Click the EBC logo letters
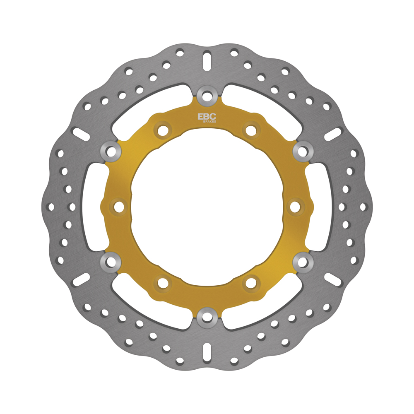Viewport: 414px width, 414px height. [x=207, y=116]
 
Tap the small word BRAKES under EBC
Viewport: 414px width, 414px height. [x=209, y=122]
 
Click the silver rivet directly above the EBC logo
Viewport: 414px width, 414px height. [x=207, y=95]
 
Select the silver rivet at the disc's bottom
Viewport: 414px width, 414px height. [x=207, y=318]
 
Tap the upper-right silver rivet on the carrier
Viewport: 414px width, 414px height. [x=303, y=151]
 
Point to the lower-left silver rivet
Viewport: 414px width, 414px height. [x=111, y=262]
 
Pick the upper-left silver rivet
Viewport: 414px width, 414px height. [x=111, y=151]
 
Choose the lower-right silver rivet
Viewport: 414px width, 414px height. [x=303, y=262]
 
